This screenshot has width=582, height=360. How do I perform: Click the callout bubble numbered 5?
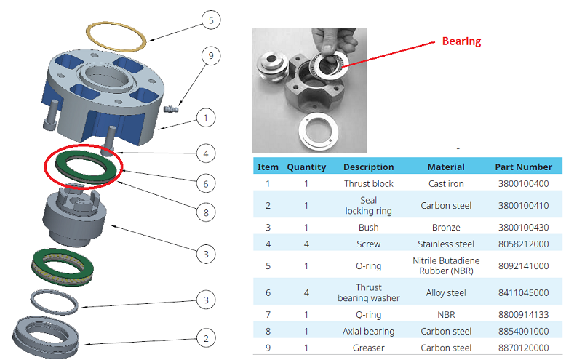(210, 20)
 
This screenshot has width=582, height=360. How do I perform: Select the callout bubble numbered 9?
(210, 55)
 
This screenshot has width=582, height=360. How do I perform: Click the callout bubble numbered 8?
(206, 213)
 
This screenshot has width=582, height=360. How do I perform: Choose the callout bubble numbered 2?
(206, 337)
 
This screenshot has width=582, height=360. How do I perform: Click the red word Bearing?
(461, 41)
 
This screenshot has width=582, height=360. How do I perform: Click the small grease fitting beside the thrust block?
(172, 110)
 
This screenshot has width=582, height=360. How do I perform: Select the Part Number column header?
(523, 167)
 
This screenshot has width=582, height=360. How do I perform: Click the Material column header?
(446, 167)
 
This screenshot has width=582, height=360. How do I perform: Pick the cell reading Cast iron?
(446, 184)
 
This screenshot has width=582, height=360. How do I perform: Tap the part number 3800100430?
(523, 228)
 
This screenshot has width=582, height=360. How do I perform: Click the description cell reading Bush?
(368, 228)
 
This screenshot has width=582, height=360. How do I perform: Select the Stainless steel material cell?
(446, 244)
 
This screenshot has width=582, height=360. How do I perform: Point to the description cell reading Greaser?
(368, 348)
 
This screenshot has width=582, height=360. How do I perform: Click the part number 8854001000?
(523, 331)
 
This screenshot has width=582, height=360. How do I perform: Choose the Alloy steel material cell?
(446, 293)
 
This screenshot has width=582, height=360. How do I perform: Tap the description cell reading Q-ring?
(368, 314)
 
